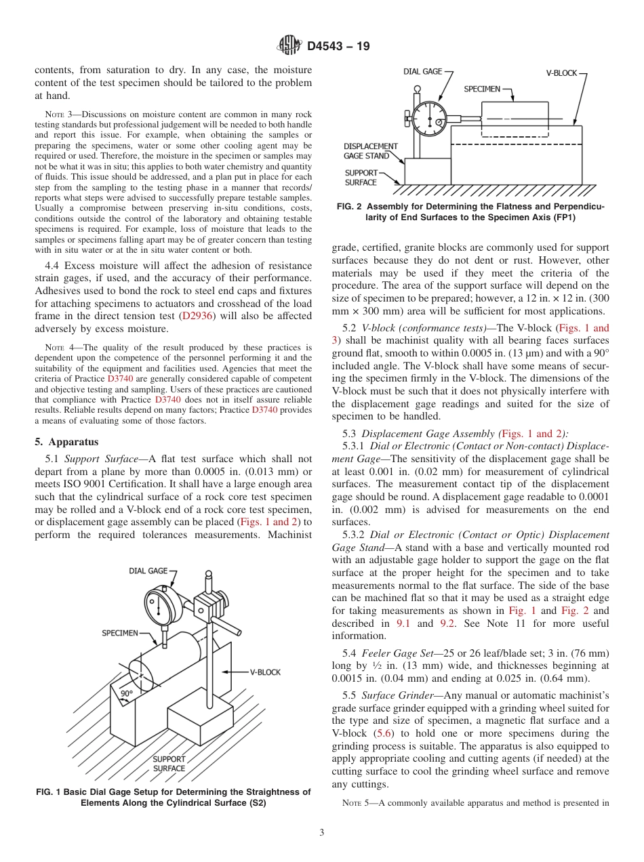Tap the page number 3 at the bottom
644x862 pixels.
click(322, 833)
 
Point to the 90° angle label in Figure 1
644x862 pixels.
click(127, 694)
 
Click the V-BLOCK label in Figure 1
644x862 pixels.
click(265, 672)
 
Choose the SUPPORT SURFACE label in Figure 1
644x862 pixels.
click(169, 764)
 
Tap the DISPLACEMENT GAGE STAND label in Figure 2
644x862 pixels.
click(370, 150)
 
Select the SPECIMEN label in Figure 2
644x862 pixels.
click(482, 89)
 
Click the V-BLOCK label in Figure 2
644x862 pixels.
click(562, 73)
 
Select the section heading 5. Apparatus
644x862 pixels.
click(66, 442)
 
